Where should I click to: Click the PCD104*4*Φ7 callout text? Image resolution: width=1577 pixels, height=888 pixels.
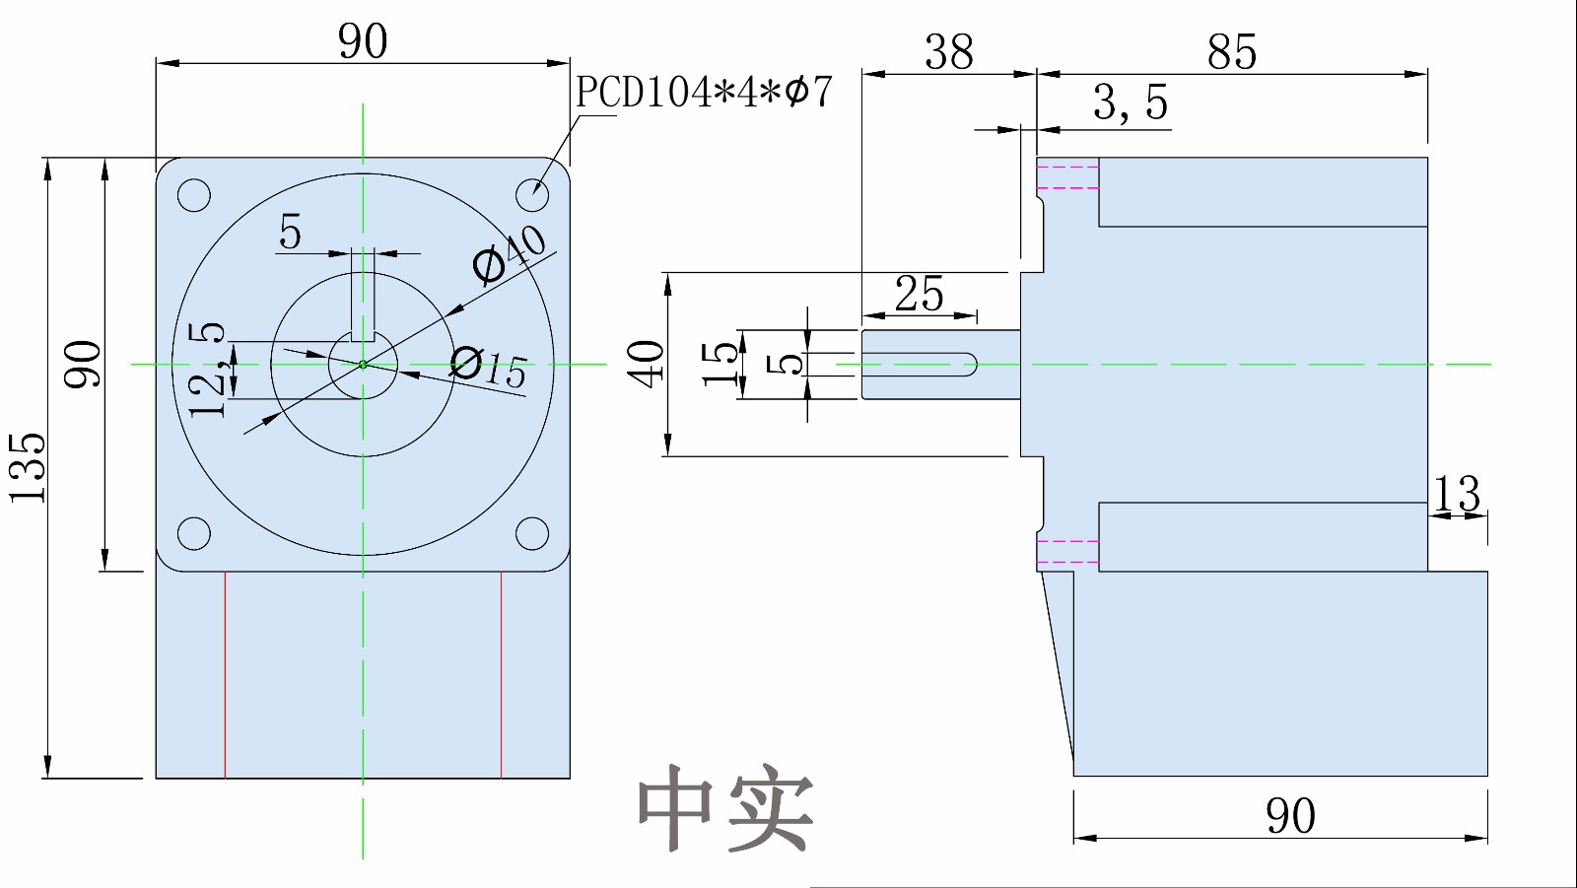tap(704, 93)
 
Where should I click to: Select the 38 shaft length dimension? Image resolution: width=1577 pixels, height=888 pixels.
tap(948, 52)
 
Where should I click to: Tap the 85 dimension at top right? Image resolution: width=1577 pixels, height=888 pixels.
tap(1231, 52)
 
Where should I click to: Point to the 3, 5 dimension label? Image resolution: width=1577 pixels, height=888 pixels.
tap(1131, 103)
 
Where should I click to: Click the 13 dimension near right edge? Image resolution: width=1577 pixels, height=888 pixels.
tap(1456, 494)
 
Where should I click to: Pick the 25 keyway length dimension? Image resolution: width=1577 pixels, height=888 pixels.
tap(919, 294)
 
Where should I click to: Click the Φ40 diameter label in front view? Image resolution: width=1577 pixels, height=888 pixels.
tap(509, 253)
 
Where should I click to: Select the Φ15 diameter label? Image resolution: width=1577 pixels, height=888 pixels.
tap(489, 367)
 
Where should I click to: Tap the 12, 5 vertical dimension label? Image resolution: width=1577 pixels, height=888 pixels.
tap(208, 370)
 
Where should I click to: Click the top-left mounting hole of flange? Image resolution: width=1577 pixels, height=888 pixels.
tap(194, 194)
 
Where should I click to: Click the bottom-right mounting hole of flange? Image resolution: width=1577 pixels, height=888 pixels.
tap(532, 533)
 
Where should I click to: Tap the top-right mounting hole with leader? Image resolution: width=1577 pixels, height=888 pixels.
tap(532, 194)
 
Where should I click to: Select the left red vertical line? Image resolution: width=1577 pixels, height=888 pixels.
tap(226, 674)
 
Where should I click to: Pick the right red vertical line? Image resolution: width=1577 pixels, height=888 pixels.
tap(502, 674)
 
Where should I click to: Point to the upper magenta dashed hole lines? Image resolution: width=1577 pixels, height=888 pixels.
tap(1067, 177)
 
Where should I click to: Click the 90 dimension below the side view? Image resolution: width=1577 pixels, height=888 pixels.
tap(1289, 816)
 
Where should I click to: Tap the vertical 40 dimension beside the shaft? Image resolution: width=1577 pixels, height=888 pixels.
tap(646, 364)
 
